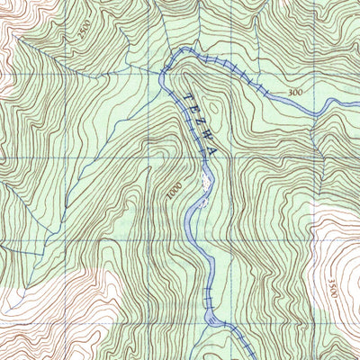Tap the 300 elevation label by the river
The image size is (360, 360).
[295, 93]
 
